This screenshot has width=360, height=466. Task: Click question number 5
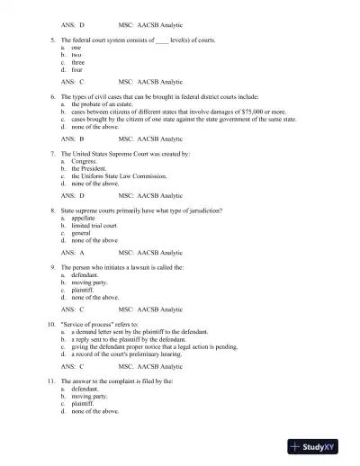pyautogui.click(x=53, y=40)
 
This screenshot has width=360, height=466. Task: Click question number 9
pyautogui.click(x=53, y=267)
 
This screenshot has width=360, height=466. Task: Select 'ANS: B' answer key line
pyautogui.click(x=73, y=139)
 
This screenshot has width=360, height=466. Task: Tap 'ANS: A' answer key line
pyautogui.click(x=73, y=253)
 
